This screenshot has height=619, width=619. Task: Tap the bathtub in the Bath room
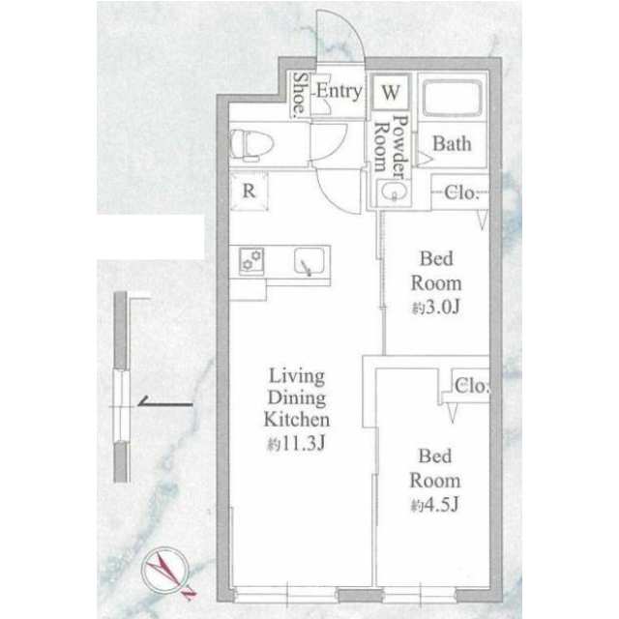click(452, 98)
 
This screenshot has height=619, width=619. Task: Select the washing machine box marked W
click(391, 92)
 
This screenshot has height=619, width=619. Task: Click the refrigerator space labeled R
click(250, 192)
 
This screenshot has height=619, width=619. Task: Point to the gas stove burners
click(251, 260)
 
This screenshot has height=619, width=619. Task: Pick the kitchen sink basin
click(309, 261)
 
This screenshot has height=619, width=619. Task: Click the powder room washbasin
click(394, 192)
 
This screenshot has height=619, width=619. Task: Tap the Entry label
click(339, 92)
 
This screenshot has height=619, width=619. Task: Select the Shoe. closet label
click(301, 95)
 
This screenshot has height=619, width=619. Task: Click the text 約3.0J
click(436, 308)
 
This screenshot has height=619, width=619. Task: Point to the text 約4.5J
click(434, 505)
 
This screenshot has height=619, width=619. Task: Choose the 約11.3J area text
click(296, 444)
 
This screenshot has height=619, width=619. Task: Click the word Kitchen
click(297, 419)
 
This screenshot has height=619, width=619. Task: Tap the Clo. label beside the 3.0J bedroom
click(461, 192)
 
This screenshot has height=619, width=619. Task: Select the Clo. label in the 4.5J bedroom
click(472, 386)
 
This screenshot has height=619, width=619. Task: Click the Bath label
click(452, 144)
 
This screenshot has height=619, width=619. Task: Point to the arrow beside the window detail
click(165, 402)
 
